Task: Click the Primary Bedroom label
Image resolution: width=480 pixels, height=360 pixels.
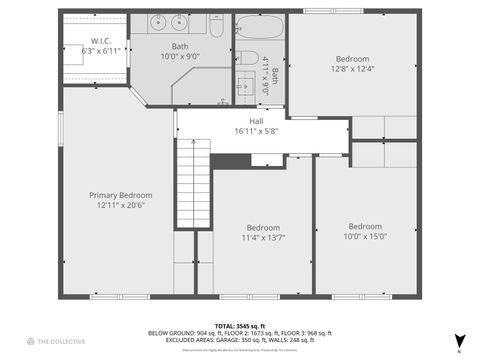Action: coord(121,195)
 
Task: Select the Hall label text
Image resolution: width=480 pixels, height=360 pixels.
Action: coord(263,119)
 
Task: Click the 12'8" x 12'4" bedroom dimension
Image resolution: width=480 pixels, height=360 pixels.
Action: coord(352,69)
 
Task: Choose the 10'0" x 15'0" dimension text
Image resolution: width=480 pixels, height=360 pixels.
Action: coord(365,237)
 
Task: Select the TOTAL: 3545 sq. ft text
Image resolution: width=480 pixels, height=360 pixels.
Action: coord(240,326)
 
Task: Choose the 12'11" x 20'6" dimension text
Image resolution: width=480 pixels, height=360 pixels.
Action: coord(121,205)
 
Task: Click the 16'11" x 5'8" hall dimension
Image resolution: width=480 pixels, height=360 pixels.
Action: coord(263,130)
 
